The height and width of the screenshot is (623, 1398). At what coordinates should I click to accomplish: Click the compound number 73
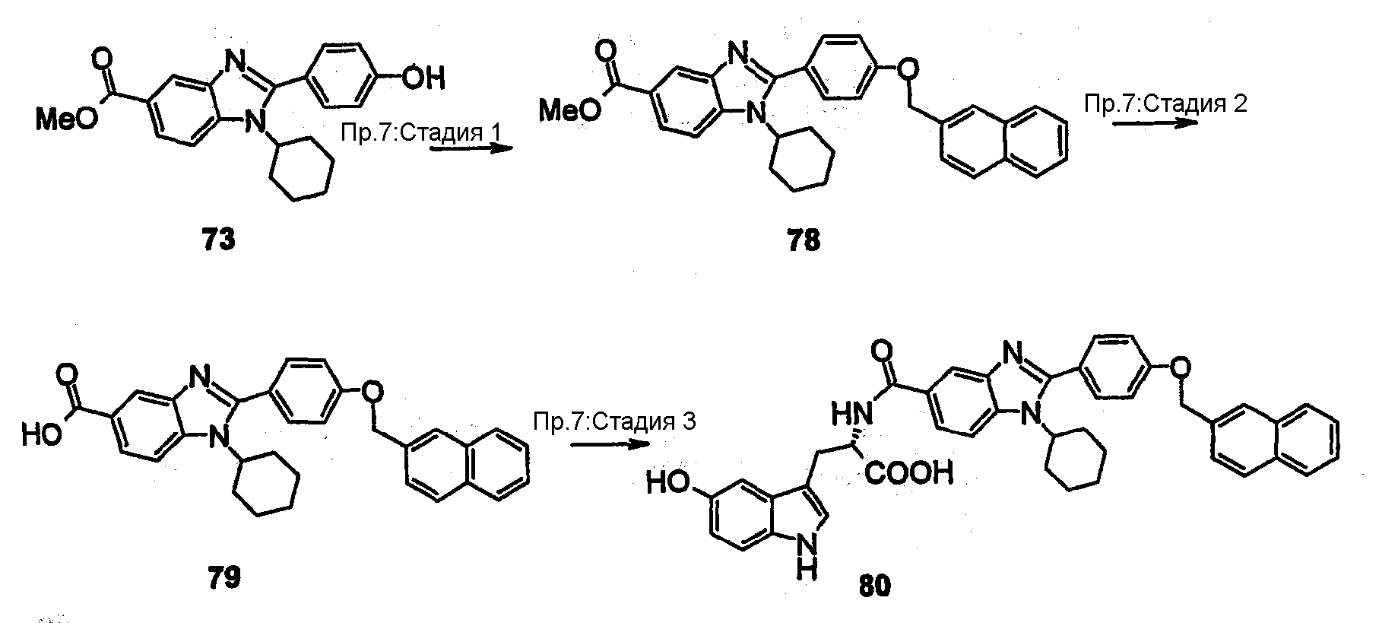click(219, 241)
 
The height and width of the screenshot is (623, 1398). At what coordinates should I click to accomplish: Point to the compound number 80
click(875, 586)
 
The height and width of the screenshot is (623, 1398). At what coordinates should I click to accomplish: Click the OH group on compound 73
click(423, 78)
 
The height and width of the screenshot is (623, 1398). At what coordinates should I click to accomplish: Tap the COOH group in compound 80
click(908, 475)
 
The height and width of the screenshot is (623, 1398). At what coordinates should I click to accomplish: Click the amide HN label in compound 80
click(849, 415)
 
